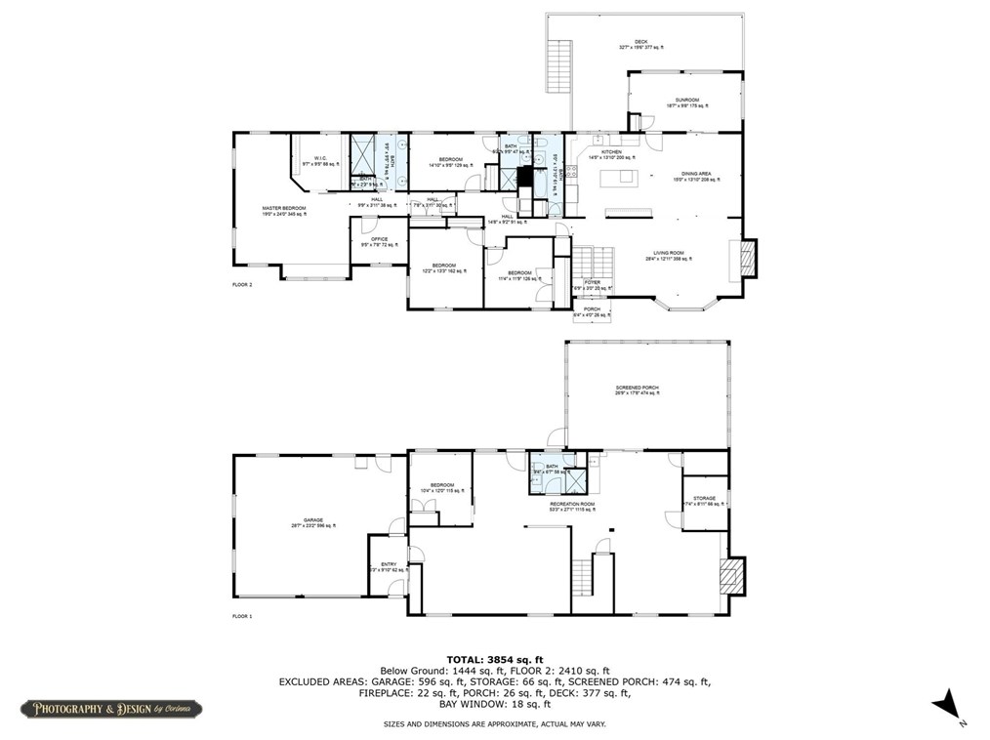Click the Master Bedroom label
pyautogui.click(x=284, y=209)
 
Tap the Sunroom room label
pyautogui.click(x=683, y=102)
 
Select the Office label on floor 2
pyautogui.click(x=380, y=240)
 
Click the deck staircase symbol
pyautogui.click(x=558, y=65)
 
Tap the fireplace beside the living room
pyautogui.click(x=748, y=256)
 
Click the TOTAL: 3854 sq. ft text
pyautogui.click(x=494, y=659)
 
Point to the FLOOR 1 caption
pyautogui.click(x=242, y=617)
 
